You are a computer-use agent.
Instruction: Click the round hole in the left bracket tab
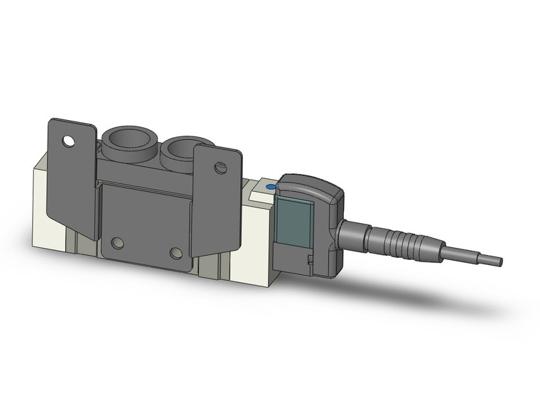tap(68, 141)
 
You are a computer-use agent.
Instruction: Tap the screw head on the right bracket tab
tap(220, 168)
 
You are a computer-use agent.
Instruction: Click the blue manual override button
tap(270, 188)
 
